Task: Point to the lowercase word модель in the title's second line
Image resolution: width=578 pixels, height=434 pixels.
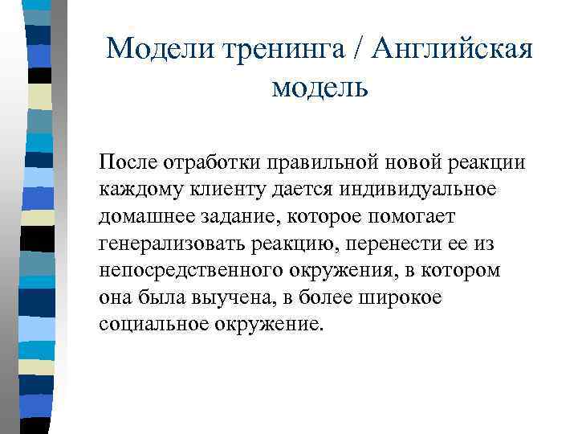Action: click(320, 85)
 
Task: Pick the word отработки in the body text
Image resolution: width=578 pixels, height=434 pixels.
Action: click(206, 162)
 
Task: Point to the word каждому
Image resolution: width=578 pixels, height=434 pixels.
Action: click(136, 188)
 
